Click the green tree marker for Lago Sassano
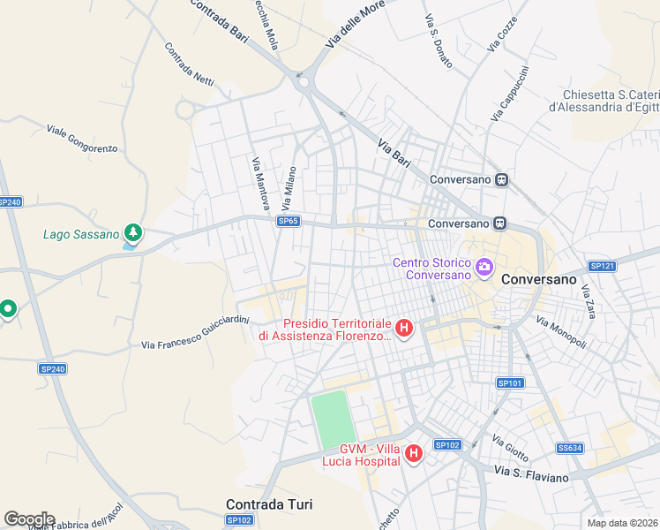(x=132, y=233)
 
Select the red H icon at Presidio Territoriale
(x=404, y=329)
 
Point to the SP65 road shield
(x=288, y=222)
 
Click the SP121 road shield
(x=602, y=266)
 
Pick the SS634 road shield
(x=569, y=448)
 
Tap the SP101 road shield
(x=510, y=382)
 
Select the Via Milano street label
(x=287, y=181)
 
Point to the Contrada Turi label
(x=269, y=504)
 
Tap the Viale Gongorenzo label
(x=82, y=140)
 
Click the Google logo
(x=29, y=519)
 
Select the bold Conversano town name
(x=538, y=278)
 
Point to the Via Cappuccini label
(x=508, y=94)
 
